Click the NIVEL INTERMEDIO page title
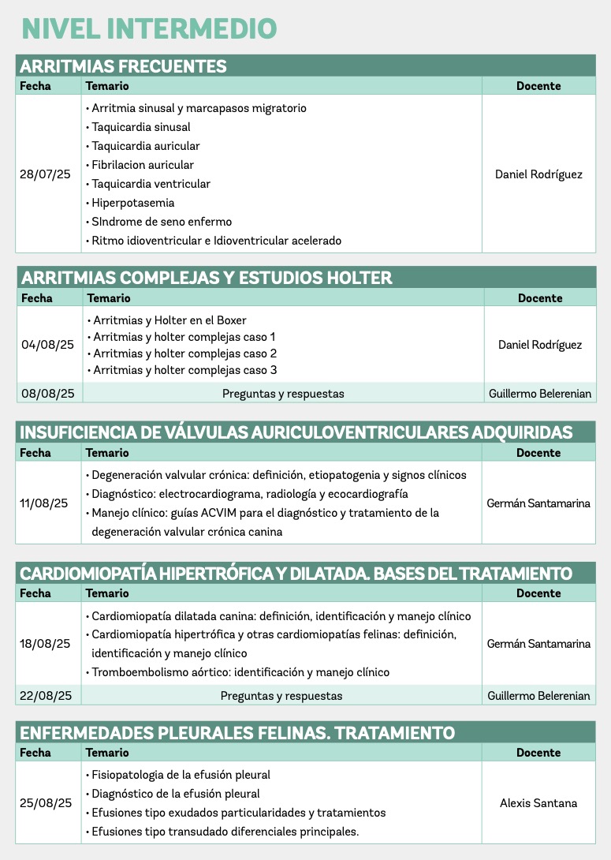[x=149, y=28]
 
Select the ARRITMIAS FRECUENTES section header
[x=124, y=66]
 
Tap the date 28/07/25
[x=45, y=174]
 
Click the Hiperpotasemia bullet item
[x=132, y=203]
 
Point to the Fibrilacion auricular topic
[x=143, y=165]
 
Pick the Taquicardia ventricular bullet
[x=151, y=184]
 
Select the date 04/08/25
[x=47, y=345]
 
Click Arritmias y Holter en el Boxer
[x=170, y=320]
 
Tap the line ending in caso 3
[x=184, y=370]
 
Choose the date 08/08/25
[x=47, y=393]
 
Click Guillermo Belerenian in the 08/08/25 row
[x=539, y=393]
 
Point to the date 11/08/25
[x=44, y=503]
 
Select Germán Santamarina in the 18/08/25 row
[x=538, y=644]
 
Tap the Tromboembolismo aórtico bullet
[x=240, y=672]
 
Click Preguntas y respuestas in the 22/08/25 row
[x=281, y=696]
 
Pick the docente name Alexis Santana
[x=538, y=803]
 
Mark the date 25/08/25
[x=46, y=803]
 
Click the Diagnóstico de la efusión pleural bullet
[x=176, y=794]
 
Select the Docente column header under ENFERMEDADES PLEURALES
[x=538, y=753]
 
